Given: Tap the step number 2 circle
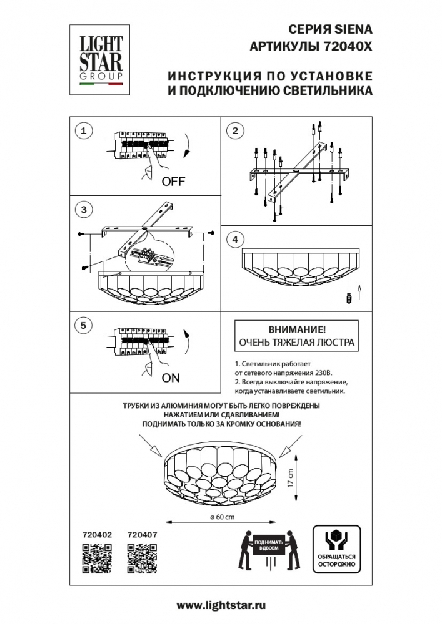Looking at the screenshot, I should click(x=235, y=130).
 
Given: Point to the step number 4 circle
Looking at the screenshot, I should click(x=235, y=240).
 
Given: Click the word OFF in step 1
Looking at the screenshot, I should click(x=174, y=182).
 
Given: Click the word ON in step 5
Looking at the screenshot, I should click(x=170, y=378).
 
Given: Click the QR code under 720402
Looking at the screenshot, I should click(x=97, y=558).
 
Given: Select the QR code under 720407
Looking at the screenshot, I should click(x=141, y=558).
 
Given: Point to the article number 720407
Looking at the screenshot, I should click(x=142, y=534).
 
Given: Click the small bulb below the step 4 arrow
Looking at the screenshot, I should click(x=349, y=298).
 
